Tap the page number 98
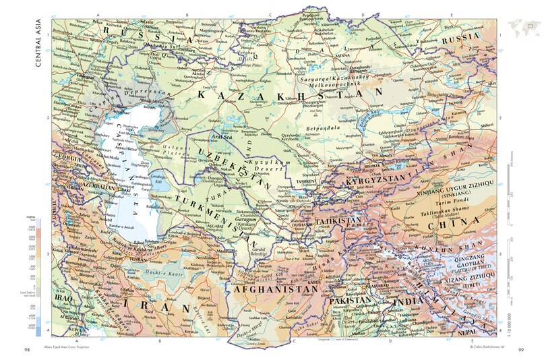(x=27, y=349)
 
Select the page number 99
(x=521, y=349)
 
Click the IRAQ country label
(x=63, y=296)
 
